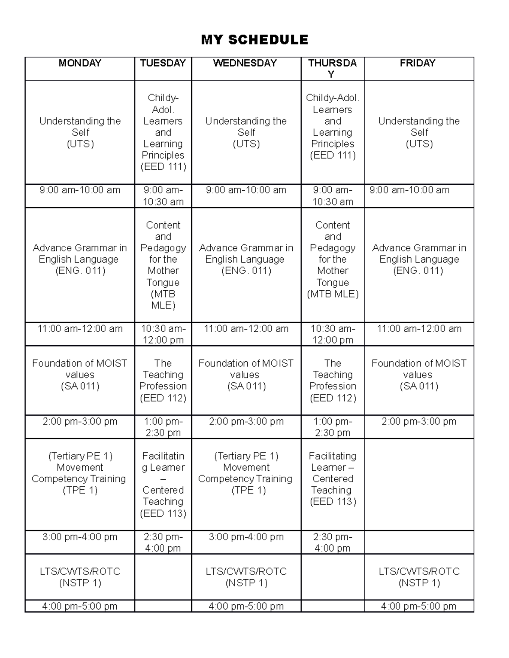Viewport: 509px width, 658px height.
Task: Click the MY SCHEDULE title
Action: [x=255, y=40]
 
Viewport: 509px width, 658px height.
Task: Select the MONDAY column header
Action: [x=80, y=63]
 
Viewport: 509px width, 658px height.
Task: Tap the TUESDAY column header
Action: [x=163, y=63]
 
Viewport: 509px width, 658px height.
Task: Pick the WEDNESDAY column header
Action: [x=245, y=63]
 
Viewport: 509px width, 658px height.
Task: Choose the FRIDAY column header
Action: [x=418, y=63]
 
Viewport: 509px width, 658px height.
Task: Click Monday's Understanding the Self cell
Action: [x=80, y=132]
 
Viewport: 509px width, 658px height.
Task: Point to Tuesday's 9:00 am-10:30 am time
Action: [x=163, y=196]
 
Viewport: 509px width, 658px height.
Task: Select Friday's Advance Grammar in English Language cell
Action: [x=419, y=259]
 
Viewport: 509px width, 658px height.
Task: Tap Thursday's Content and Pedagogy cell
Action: [x=333, y=259]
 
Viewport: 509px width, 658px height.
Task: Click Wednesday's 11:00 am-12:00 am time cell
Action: [x=246, y=329]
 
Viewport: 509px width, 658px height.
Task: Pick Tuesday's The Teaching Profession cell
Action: [x=163, y=380]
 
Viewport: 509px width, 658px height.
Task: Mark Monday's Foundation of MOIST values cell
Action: [x=80, y=375]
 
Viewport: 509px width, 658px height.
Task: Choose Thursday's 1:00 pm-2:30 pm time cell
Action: [x=333, y=427]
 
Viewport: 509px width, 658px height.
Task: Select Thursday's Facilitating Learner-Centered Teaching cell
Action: [x=333, y=478]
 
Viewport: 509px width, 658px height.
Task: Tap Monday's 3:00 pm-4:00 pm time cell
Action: [x=80, y=537]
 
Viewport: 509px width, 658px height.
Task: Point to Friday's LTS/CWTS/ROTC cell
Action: [x=419, y=577]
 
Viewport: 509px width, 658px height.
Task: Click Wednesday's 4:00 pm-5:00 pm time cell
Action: [x=246, y=606]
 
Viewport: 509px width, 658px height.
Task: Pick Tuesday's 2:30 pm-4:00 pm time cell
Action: [x=163, y=542]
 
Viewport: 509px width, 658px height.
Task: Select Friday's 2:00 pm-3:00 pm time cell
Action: [x=419, y=422]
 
